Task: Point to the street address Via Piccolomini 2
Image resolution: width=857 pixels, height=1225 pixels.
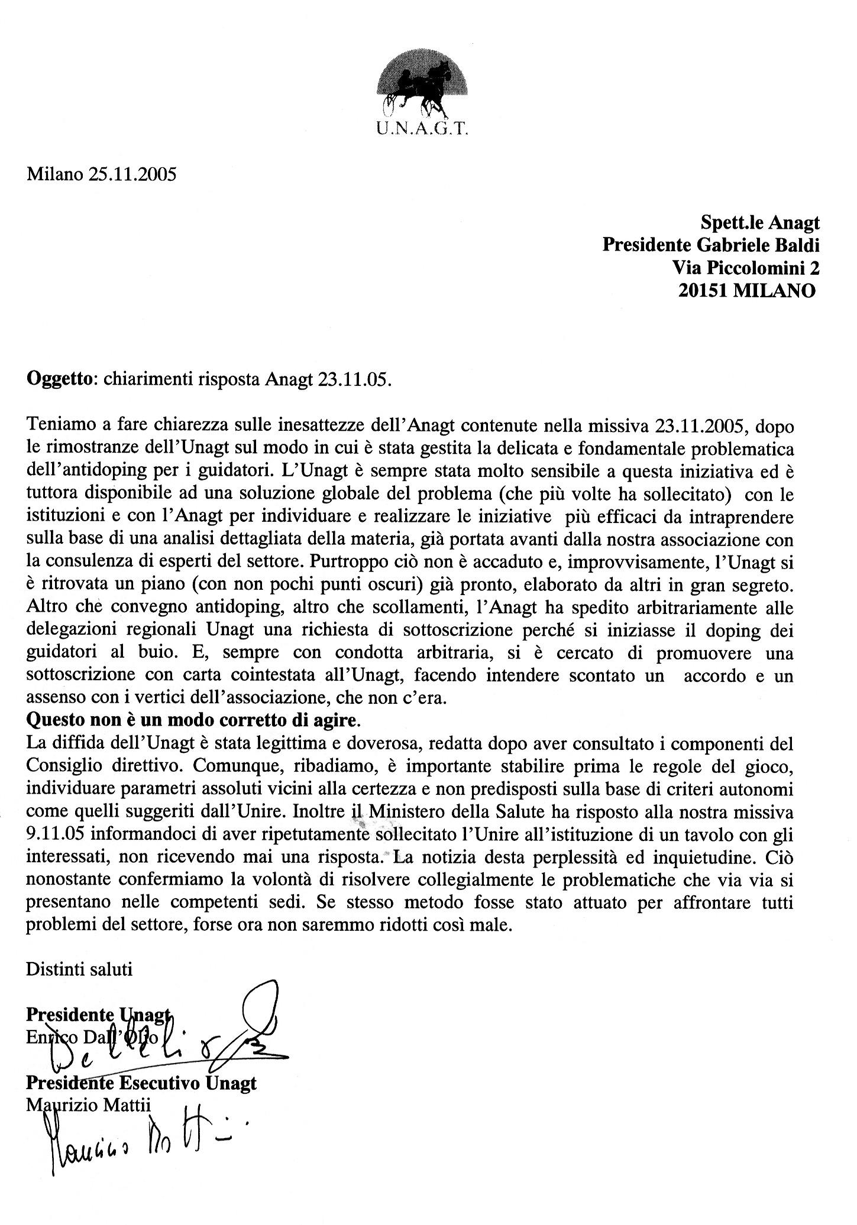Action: coord(746,268)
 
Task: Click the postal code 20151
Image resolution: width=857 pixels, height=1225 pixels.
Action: coord(704,291)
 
